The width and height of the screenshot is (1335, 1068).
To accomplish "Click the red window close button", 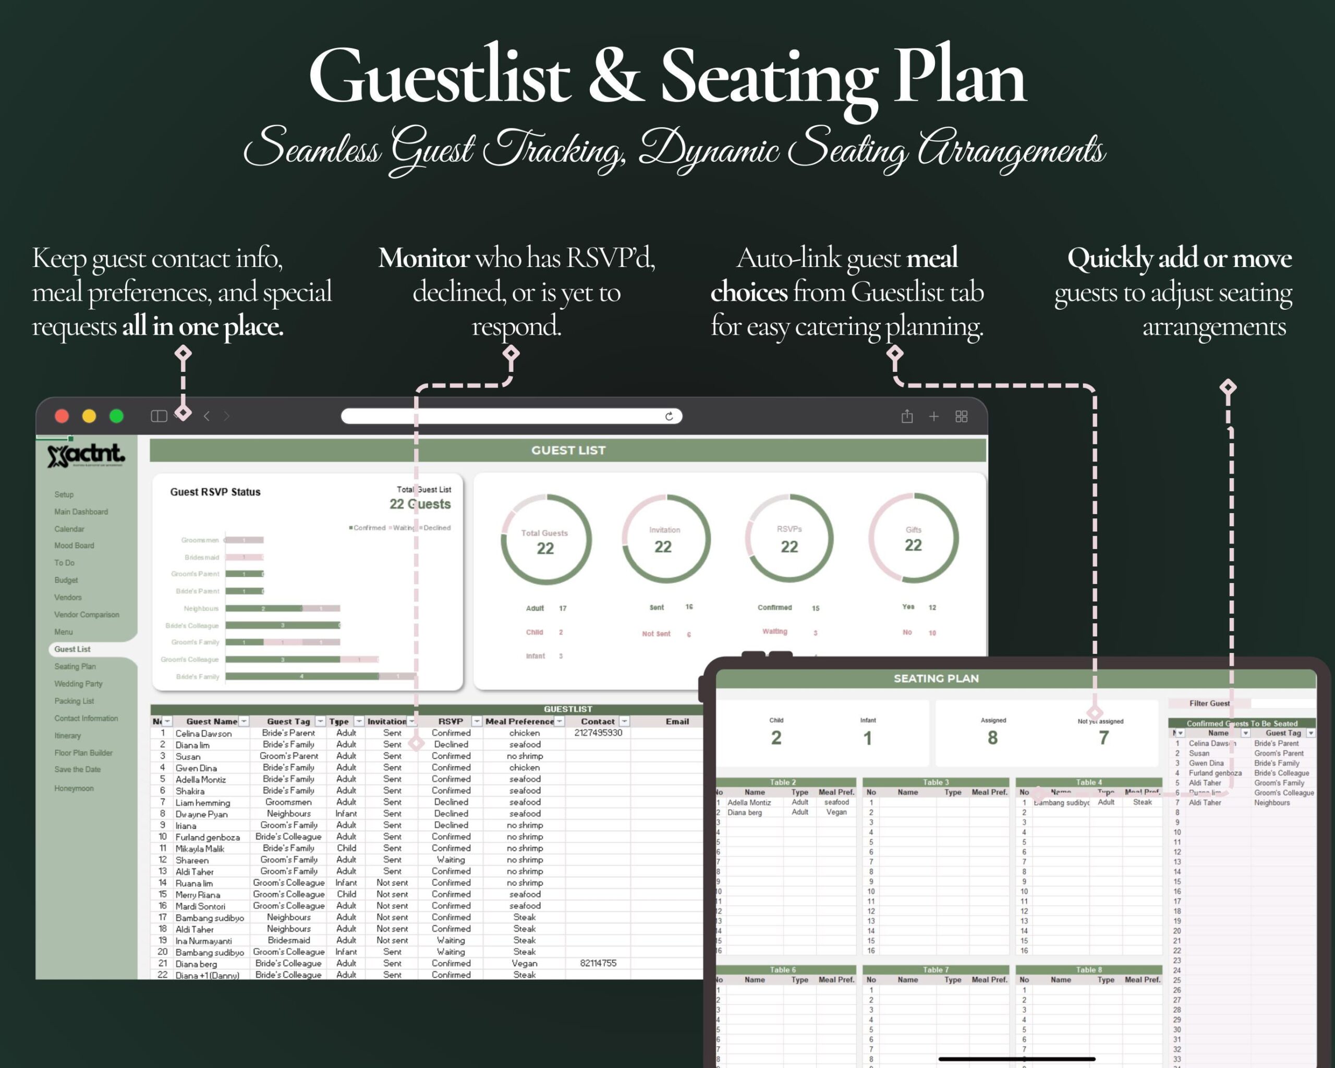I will [x=62, y=416].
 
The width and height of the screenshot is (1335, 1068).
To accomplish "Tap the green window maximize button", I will [x=116, y=416].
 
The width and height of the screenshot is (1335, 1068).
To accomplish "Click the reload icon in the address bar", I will [x=669, y=416].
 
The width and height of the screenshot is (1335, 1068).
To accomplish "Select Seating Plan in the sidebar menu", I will [x=75, y=666].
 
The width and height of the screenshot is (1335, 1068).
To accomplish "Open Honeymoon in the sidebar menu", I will [x=74, y=788].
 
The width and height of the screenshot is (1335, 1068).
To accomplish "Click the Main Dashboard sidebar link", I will [x=81, y=512].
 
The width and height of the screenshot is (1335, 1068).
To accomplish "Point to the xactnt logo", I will [x=86, y=455].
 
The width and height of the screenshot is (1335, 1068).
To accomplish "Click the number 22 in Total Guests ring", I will [x=545, y=549].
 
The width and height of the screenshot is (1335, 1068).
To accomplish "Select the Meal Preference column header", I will [x=519, y=721].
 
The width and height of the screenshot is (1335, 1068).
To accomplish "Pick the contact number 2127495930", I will [x=598, y=733].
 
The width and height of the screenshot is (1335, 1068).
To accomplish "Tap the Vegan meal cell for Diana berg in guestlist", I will [x=525, y=963].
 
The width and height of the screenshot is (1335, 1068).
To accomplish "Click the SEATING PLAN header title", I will [x=936, y=678].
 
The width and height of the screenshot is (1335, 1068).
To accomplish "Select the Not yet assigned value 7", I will [x=1103, y=737].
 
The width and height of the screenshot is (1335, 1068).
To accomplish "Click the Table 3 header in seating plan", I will [x=935, y=782].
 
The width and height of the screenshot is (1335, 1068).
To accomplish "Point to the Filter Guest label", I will [x=1209, y=703].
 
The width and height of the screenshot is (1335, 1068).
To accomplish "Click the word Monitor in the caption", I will [x=423, y=258].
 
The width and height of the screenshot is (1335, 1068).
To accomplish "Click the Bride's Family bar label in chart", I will [x=198, y=677].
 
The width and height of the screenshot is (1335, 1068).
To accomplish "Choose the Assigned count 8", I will [x=992, y=737].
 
